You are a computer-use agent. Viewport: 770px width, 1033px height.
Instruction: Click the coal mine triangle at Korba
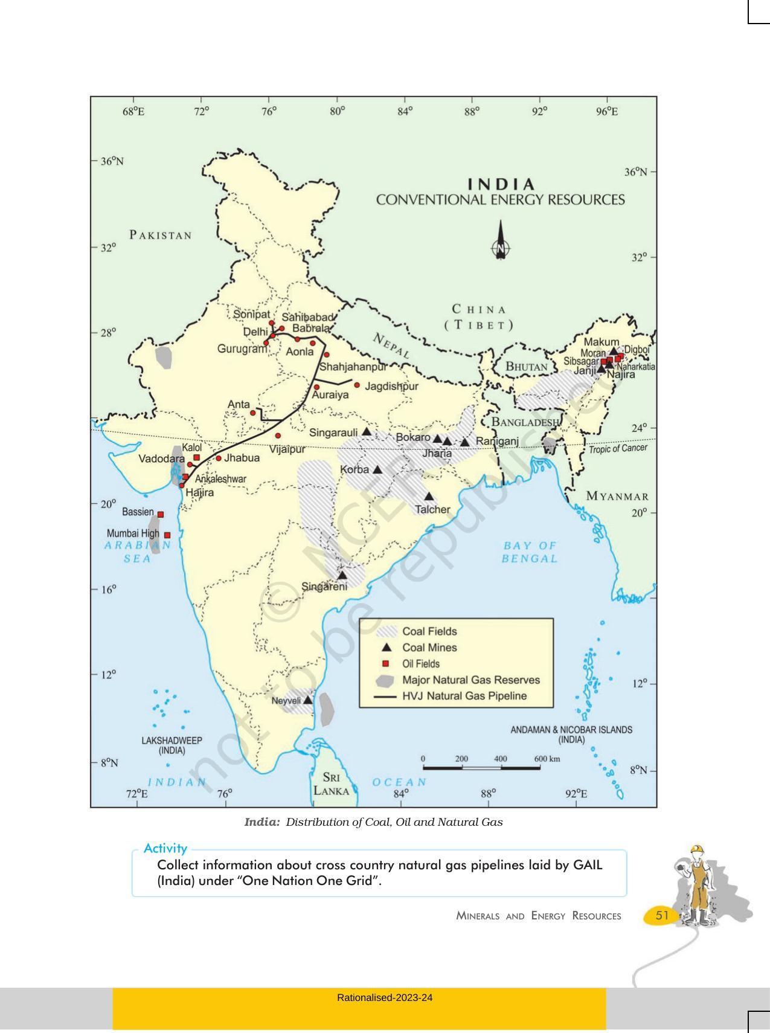[377, 469]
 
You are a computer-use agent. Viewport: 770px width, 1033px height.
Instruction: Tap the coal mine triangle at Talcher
[429, 497]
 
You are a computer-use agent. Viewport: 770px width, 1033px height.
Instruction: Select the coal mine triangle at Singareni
[342, 576]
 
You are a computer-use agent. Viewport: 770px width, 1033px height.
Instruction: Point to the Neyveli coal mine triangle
[307, 700]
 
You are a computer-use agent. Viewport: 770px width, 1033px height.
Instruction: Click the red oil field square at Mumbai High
[167, 535]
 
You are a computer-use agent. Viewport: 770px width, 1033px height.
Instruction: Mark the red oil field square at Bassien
[161, 514]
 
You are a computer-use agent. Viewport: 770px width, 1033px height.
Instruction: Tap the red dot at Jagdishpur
[357, 385]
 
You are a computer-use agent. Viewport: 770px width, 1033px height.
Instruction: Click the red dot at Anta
[253, 413]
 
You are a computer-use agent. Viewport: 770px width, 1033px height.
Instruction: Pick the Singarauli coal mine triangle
[367, 432]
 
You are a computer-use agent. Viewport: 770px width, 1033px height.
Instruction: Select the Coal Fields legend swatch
[386, 632]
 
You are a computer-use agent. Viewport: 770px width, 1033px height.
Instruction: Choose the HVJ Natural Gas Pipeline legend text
[464, 696]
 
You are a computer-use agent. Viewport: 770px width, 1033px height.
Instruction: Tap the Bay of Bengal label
[529, 552]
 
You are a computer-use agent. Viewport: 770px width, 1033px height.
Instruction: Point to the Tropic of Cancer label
[618, 448]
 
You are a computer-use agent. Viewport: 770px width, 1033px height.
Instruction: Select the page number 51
[662, 915]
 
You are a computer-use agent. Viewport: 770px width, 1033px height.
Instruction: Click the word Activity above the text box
[165, 848]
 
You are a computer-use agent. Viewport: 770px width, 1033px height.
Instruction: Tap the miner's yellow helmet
[698, 850]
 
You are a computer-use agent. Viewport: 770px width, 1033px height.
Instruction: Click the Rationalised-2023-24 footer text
[385, 997]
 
